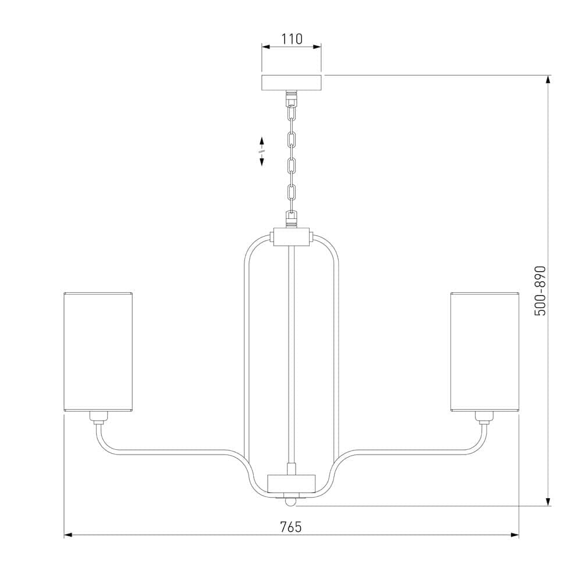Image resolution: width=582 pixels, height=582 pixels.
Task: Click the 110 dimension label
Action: [292, 38]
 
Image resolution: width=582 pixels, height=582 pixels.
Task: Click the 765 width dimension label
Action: [291, 527]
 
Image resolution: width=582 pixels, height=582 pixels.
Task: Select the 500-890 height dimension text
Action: [540, 291]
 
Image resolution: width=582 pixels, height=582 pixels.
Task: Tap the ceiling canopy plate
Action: [292, 83]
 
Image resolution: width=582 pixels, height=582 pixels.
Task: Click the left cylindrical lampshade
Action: [98, 352]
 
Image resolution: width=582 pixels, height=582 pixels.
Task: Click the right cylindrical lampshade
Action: [485, 352]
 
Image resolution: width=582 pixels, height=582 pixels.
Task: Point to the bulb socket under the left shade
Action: [99, 417]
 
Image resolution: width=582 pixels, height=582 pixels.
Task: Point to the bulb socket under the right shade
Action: [484, 417]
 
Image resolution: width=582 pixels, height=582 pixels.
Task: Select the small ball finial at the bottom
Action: [291, 502]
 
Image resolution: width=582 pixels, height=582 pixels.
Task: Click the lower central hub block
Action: [292, 483]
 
